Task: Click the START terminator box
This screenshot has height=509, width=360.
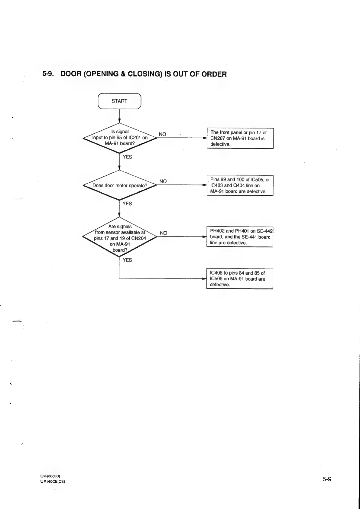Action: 119,101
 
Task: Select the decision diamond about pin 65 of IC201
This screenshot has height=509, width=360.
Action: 120,138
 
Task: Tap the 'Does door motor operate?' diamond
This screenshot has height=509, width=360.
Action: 120,185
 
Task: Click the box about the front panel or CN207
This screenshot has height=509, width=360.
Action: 240,138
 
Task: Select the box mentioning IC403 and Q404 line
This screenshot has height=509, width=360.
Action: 240,185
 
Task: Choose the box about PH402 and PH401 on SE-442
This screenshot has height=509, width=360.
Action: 240,237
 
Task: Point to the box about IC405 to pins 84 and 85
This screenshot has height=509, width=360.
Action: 240,279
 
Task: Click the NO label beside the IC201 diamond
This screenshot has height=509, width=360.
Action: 162,134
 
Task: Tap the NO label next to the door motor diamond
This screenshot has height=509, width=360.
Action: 163,181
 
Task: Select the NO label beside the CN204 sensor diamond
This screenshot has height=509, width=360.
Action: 163,233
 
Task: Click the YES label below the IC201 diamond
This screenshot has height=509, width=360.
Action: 127,157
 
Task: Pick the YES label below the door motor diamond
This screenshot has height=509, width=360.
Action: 127,204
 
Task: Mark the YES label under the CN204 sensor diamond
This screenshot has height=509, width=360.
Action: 127,260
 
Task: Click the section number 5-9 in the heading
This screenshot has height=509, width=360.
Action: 48,74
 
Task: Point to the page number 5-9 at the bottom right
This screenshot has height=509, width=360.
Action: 327,479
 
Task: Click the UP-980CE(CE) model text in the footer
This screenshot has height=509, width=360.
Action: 52,481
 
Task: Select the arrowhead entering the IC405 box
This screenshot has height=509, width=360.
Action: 204,279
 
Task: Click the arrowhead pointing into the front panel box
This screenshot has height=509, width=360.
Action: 205,138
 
